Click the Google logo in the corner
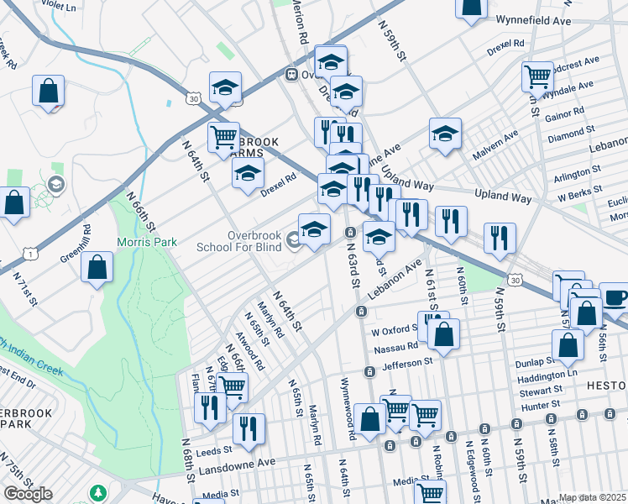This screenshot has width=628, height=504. (x=28, y=494)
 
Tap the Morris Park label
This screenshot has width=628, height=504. (x=152, y=242)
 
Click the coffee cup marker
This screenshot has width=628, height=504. (x=615, y=297)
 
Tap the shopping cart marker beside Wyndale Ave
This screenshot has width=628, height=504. (x=536, y=76)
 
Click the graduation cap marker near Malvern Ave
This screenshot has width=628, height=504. (x=445, y=133)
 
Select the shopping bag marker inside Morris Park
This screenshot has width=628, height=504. (x=97, y=266)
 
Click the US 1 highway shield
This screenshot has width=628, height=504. (x=8, y=253)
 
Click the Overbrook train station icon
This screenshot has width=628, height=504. (x=293, y=74)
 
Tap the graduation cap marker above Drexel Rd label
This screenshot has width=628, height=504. (x=248, y=173)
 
